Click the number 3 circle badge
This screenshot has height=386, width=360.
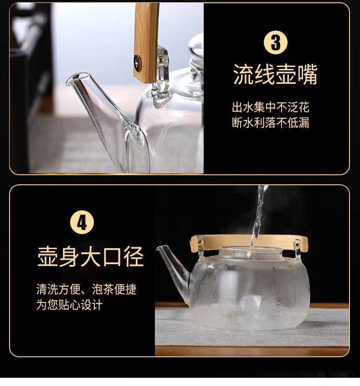pos(275,43)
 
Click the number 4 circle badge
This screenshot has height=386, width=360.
pos(82,223)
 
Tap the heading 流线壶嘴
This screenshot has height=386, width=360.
pos(275,74)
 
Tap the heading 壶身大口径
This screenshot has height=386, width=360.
pos(91,256)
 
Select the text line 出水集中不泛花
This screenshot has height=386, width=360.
pos(271,107)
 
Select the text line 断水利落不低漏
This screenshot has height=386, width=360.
pos(271,122)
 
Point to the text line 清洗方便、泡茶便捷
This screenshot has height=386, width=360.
pos(86,289)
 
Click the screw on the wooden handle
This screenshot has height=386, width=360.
pos(138,60)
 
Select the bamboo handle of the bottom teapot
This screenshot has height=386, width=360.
pos(249,242)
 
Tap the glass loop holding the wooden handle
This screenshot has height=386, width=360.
pos(161,77)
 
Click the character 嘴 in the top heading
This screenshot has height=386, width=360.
pos(308,74)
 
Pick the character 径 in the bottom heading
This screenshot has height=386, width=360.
pos(134,256)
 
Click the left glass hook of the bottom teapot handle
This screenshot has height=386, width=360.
pos(201,247)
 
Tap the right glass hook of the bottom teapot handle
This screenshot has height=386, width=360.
pos(298,249)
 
